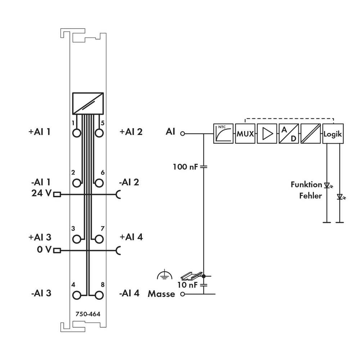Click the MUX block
pyautogui.click(x=245, y=134)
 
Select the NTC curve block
pyautogui.click(x=223, y=134)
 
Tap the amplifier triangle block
pyautogui.click(x=267, y=134)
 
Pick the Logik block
pyautogui.click(x=333, y=134)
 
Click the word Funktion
pyautogui.click(x=306, y=185)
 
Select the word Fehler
pyautogui.click(x=310, y=196)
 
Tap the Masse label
pyautogui.click(x=161, y=294)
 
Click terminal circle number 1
pyautogui.click(x=76, y=133)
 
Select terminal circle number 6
pyautogui.click(x=99, y=184)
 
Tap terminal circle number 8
pyautogui.click(x=99, y=296)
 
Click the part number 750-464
pyautogui.click(x=88, y=314)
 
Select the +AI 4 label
pyautogui.click(x=131, y=237)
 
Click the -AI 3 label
pyautogui.click(x=41, y=293)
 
